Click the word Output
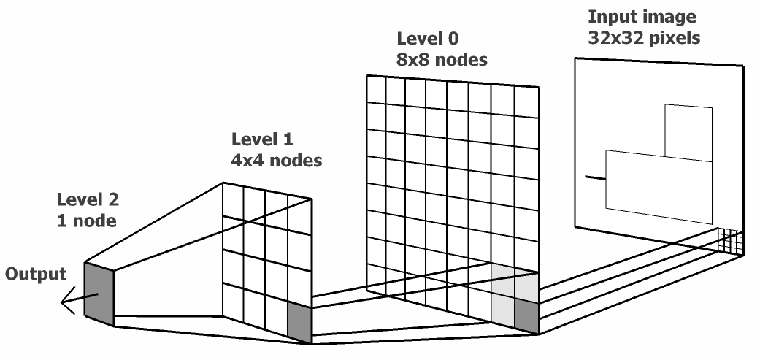(x=35, y=275)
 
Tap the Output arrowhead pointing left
(x=67, y=302)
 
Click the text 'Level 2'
(x=88, y=199)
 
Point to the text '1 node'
(x=87, y=221)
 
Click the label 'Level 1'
(x=262, y=139)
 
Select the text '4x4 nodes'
(x=277, y=161)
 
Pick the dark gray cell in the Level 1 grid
(x=299, y=322)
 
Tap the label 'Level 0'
(x=428, y=38)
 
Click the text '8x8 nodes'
(x=442, y=60)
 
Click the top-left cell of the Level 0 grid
(x=376, y=89)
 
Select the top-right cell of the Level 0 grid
(x=526, y=102)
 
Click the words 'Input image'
(x=642, y=17)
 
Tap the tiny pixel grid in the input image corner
(x=730, y=241)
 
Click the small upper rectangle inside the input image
(x=688, y=133)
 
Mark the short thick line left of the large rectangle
(x=595, y=178)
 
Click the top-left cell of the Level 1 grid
(x=233, y=200)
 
